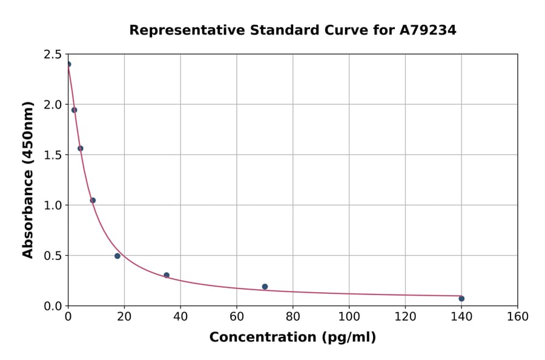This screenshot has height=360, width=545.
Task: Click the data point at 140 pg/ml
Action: tap(461, 298)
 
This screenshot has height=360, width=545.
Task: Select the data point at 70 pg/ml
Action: tap(265, 287)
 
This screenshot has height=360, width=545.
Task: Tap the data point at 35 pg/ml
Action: tap(167, 275)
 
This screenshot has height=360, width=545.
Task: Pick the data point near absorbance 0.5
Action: tap(117, 256)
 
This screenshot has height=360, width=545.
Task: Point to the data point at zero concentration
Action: tap(68, 64)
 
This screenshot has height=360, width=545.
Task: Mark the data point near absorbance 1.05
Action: tap(93, 201)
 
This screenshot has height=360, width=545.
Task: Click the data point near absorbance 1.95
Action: tap(74, 110)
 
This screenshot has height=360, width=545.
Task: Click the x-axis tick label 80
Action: tap(292, 316)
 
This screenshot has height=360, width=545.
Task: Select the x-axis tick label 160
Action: tap(517, 316)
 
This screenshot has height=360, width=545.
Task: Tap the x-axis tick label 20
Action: tap(124, 316)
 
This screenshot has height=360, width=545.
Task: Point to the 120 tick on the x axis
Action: tap(405, 316)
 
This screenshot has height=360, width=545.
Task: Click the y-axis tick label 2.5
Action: tap(53, 55)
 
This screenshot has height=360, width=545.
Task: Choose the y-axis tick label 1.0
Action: tap(53, 205)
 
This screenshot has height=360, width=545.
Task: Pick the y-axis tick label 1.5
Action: tap(53, 155)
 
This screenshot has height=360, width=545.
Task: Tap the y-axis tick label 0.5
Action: tap(53, 256)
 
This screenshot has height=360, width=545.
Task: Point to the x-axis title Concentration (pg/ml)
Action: tap(292, 338)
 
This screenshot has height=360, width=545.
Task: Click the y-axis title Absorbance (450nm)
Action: tap(28, 179)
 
